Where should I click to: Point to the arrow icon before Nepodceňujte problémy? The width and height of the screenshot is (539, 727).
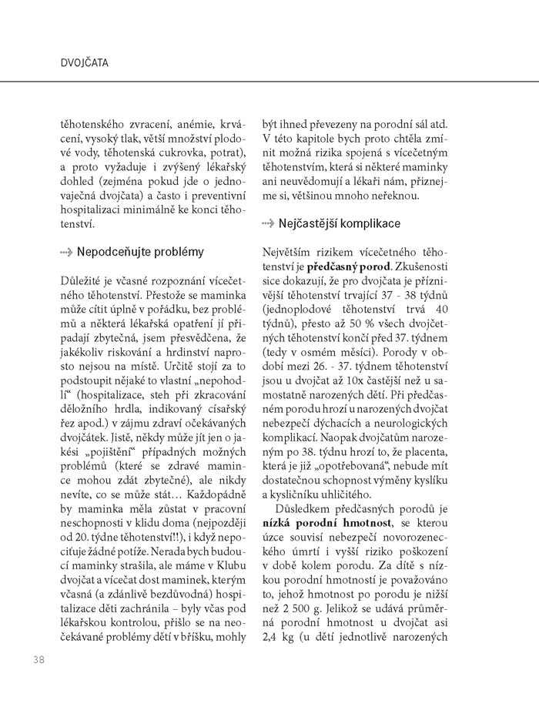click(67, 252)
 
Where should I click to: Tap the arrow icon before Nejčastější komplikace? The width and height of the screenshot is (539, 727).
click(267, 224)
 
